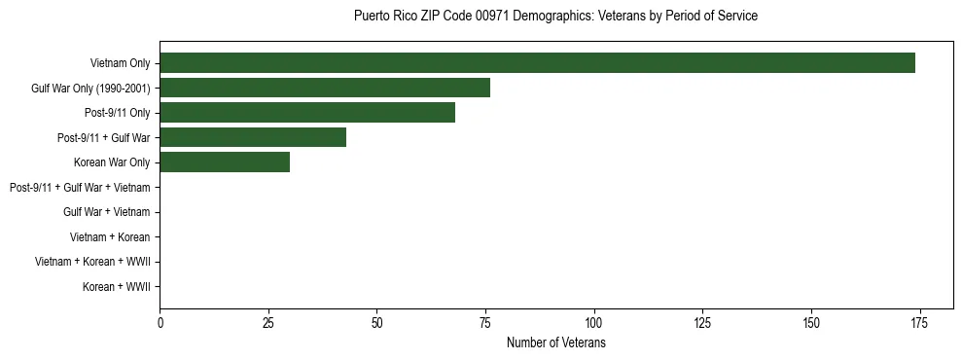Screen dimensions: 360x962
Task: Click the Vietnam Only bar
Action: tap(537, 62)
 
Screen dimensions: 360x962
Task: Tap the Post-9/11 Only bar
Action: tap(307, 113)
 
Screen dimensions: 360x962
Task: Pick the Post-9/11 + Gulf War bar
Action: tap(253, 137)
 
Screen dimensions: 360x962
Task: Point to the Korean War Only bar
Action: tap(225, 162)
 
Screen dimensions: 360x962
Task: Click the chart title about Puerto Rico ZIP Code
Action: tap(555, 17)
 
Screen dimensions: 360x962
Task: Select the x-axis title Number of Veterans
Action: tap(555, 342)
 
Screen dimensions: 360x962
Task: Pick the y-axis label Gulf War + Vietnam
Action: tap(106, 212)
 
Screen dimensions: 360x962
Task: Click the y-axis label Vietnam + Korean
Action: tap(110, 237)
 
